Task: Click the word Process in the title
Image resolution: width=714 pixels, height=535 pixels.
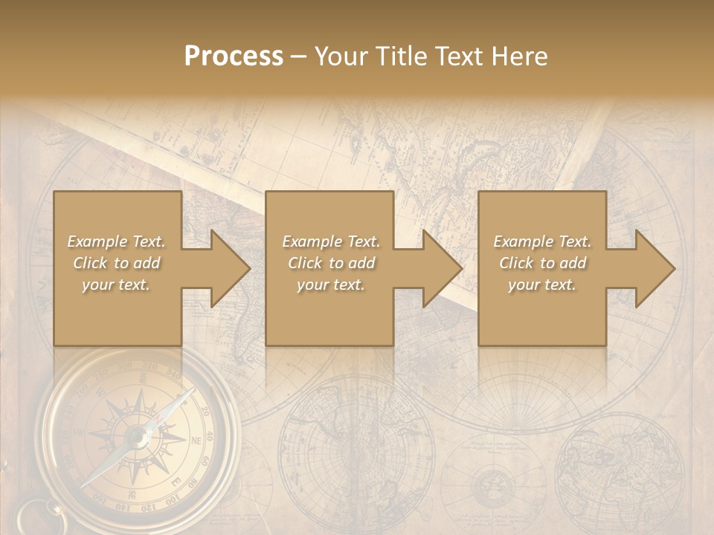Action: pyautogui.click(x=234, y=56)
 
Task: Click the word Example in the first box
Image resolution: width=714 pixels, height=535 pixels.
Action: pyautogui.click(x=97, y=241)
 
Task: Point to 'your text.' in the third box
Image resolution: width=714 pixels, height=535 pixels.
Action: pyautogui.click(x=541, y=285)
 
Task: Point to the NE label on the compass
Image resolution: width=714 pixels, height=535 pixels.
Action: pyautogui.click(x=197, y=440)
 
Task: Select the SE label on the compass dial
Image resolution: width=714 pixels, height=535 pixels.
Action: pyautogui.click(x=132, y=494)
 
